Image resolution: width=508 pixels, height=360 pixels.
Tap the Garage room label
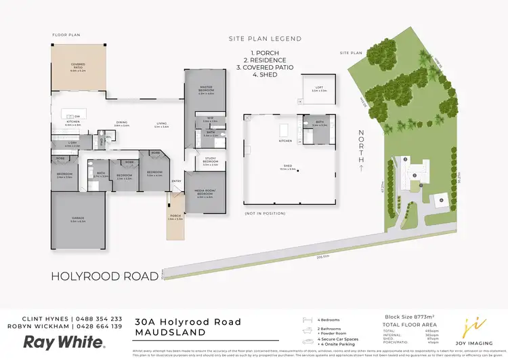pyautogui.click(x=78, y=218)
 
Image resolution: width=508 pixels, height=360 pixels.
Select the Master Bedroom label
pyautogui.click(x=206, y=89)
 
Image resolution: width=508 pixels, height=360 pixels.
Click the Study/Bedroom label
pyautogui.click(x=210, y=162)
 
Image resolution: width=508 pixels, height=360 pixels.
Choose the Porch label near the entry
pyautogui.click(x=175, y=217)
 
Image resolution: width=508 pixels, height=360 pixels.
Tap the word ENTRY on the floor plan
pyautogui.click(x=177, y=181)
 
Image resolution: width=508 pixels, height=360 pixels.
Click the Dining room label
pyautogui.click(x=122, y=124)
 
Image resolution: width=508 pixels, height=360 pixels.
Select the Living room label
pyautogui.click(x=161, y=124)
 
